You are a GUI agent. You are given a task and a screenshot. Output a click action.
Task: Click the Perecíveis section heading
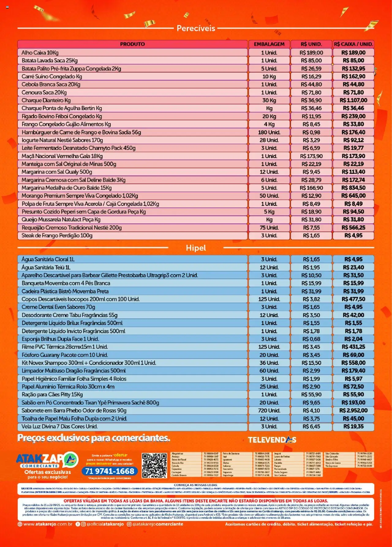point(196,28)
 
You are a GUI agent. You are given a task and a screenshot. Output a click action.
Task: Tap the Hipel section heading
point(196,248)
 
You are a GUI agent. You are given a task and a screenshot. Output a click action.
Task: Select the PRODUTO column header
point(132,44)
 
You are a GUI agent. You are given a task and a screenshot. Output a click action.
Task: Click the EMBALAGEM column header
point(269,44)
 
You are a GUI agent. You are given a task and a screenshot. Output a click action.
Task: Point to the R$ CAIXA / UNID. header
point(353,44)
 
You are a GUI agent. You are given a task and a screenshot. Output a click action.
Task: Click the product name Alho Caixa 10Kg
point(40,53)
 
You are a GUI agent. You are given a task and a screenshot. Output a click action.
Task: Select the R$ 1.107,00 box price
point(353,100)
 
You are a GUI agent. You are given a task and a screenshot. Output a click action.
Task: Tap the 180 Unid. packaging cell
point(269,132)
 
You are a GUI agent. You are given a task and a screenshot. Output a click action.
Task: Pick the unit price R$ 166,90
point(311,188)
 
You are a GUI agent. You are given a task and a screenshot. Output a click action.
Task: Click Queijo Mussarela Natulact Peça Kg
point(61,219)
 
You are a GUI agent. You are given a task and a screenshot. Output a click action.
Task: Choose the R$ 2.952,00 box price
point(353,410)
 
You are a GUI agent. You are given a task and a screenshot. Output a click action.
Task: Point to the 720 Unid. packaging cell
point(269,410)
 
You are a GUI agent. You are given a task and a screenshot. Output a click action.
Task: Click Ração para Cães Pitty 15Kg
point(52,395)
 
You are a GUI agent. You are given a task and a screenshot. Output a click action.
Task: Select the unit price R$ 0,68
point(311,339)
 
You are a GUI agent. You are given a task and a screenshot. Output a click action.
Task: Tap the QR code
point(154,465)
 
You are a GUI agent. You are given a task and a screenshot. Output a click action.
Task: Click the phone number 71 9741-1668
point(110,471)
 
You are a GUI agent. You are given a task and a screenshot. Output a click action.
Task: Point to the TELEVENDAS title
point(272,440)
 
